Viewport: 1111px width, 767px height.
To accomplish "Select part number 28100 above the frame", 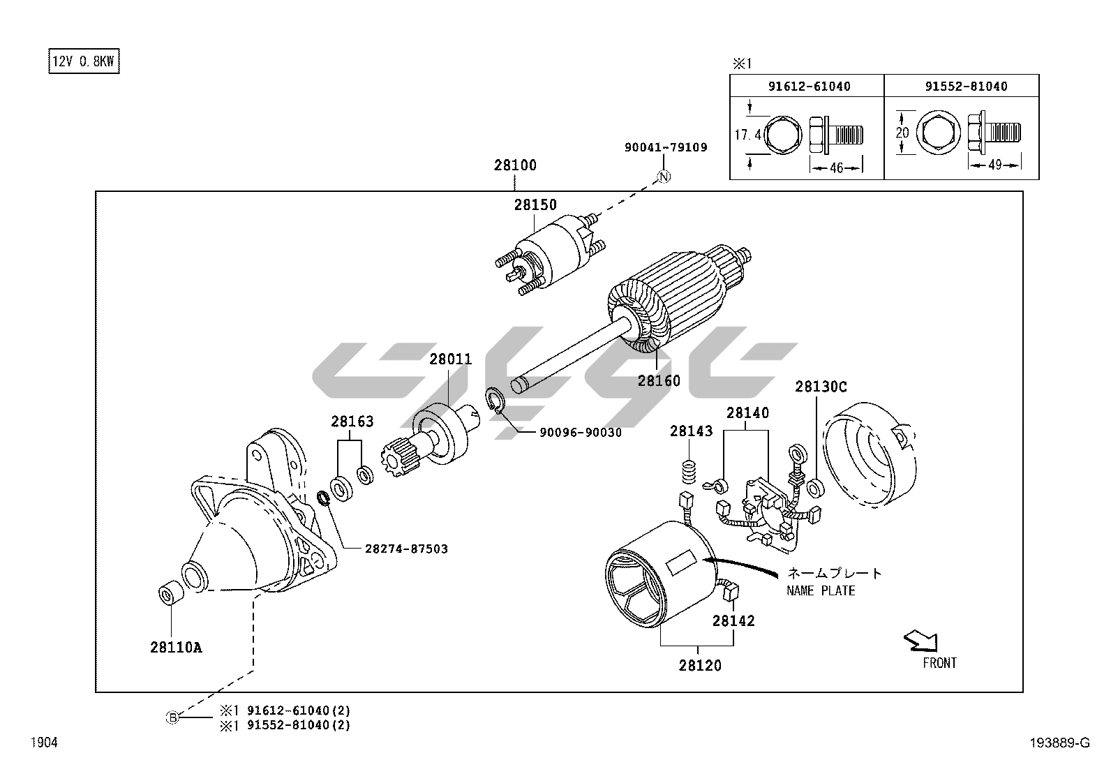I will (515, 165).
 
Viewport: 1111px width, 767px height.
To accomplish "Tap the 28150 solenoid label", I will (535, 204).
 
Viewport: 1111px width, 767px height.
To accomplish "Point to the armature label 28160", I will (658, 380).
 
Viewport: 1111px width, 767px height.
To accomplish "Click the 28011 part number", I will (450, 359).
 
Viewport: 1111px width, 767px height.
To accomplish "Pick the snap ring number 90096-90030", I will (580, 433).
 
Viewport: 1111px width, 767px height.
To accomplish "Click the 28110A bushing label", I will (176, 648).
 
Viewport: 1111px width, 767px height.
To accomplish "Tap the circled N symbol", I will (664, 177).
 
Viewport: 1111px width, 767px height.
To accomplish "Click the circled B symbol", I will (172, 717).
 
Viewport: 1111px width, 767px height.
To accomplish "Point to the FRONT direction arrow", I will (920, 640).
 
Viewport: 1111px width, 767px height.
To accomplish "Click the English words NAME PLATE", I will (821, 591).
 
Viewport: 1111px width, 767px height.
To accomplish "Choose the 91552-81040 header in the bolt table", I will (966, 87).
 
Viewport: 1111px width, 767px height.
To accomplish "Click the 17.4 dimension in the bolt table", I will (747, 135).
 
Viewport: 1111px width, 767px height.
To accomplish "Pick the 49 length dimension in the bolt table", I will (994, 165).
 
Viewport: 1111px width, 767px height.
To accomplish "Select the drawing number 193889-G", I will (1059, 743).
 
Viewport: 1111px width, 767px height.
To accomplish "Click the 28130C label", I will (821, 386).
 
